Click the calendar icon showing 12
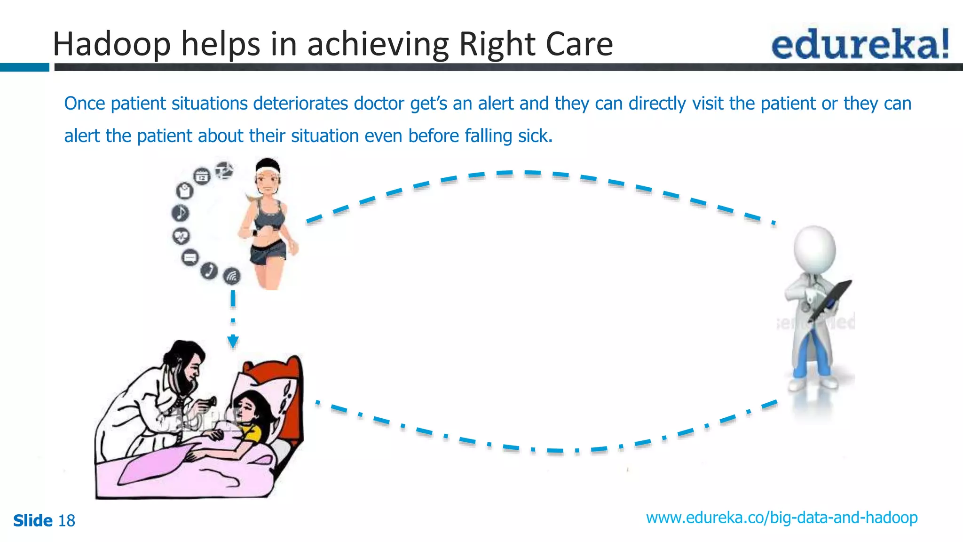(x=202, y=176)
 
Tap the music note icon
(x=181, y=213)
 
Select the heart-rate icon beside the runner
(x=181, y=235)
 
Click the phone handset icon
(x=209, y=271)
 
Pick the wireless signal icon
(x=232, y=276)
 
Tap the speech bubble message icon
(x=190, y=257)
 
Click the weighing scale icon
(x=184, y=191)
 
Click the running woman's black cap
(x=268, y=166)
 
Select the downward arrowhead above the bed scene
(x=233, y=341)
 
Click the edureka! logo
(x=860, y=45)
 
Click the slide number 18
(x=66, y=521)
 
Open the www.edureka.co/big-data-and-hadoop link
(x=781, y=518)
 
